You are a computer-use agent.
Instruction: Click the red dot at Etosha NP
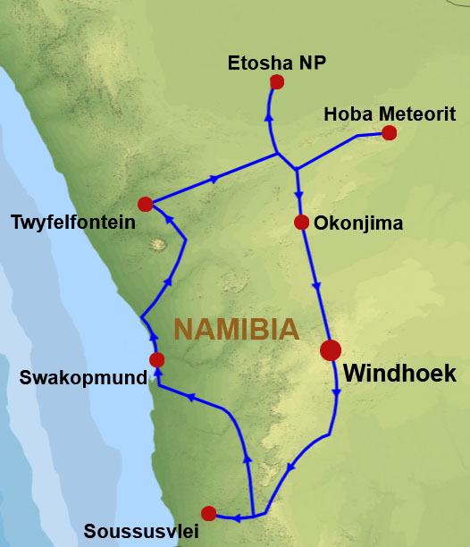[x=277, y=82]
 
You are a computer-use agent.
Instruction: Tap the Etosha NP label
[x=277, y=63]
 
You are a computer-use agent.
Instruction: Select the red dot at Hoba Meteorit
[x=389, y=133]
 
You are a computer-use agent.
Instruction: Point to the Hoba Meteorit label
[x=378, y=114]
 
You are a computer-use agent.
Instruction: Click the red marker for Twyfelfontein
[x=146, y=204]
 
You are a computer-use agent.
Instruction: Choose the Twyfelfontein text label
[x=73, y=222]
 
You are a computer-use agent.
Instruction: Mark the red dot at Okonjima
[x=301, y=222]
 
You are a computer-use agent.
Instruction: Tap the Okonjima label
[x=359, y=223]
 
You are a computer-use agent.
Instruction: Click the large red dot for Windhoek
[x=331, y=349]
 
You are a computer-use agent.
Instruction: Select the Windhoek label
[x=399, y=374]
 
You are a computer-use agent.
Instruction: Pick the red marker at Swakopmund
[x=157, y=360]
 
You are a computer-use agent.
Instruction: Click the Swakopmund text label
[x=83, y=378]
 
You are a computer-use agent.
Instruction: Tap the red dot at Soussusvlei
[x=209, y=513]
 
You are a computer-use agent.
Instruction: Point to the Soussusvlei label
[x=140, y=532]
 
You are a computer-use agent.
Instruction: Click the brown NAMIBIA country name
[x=236, y=329]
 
